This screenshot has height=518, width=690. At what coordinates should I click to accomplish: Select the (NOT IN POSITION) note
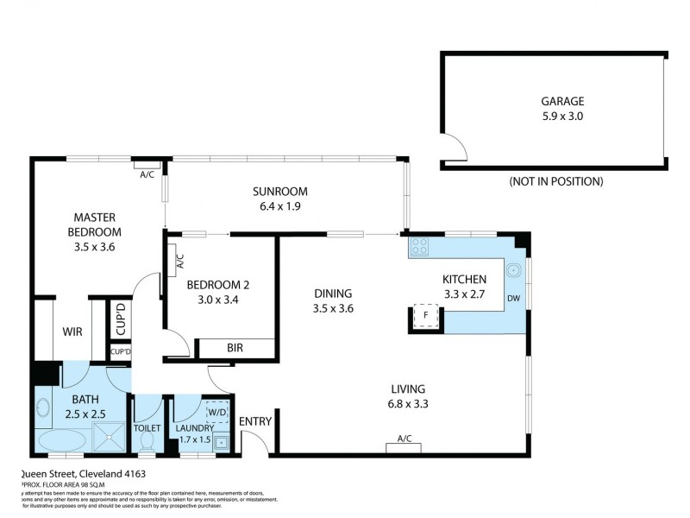555,181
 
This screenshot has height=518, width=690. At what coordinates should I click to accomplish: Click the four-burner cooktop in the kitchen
420,247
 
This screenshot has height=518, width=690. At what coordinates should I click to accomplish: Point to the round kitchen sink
513,268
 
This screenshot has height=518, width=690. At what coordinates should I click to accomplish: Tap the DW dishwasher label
513,299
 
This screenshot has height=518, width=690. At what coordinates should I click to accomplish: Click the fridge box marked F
425,317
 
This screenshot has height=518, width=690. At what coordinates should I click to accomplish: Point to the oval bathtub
60,440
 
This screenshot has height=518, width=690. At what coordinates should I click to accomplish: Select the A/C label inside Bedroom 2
179,257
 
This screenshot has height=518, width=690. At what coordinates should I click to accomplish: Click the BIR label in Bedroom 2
235,349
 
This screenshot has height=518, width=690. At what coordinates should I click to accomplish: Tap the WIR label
72,331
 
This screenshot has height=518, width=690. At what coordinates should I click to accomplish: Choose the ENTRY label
256,421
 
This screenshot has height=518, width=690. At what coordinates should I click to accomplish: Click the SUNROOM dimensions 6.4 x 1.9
280,206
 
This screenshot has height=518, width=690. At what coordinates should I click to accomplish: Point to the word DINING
333,294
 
